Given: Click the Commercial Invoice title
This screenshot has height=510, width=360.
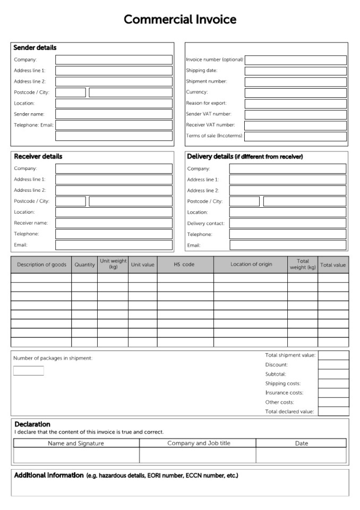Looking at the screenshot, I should [180, 20].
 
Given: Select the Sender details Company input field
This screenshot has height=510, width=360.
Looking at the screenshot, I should [114, 60].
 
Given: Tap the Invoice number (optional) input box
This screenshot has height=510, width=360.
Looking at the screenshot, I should [295, 60].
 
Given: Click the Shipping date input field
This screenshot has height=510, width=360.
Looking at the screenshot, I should [295, 71].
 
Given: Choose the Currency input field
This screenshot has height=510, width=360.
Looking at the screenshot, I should [295, 92].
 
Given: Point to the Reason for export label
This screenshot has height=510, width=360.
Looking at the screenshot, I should [207, 103].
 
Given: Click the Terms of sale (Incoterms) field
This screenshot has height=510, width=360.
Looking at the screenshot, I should [295, 136].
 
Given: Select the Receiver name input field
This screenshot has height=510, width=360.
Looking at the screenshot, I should [114, 223].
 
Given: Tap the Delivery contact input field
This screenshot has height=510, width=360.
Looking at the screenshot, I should [287, 223].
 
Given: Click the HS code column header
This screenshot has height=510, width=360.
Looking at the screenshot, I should [185, 265].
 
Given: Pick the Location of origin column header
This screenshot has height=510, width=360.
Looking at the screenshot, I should [251, 265].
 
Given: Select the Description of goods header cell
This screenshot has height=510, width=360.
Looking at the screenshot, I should [41, 265].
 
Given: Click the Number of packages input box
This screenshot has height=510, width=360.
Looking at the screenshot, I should [29, 371].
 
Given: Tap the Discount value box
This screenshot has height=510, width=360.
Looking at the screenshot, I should [333, 364].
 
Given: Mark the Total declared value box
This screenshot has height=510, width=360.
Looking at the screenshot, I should [333, 411].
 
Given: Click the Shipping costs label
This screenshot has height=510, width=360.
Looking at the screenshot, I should [283, 384].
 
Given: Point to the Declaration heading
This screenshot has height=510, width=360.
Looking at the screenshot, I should [32, 424].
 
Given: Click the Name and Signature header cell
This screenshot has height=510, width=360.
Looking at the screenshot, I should [76, 443].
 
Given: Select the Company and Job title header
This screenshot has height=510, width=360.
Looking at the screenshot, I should [199, 443].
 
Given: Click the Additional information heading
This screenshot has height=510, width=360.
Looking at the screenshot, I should [49, 475].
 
